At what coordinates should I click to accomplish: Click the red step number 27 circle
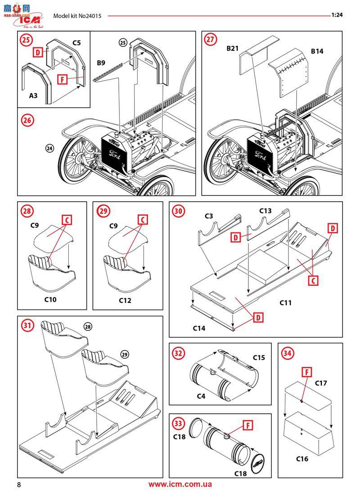(210, 39)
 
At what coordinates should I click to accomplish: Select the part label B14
(317, 51)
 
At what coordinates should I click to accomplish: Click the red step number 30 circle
(179, 211)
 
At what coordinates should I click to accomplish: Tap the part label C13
(265, 210)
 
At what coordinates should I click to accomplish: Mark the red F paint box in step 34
(306, 372)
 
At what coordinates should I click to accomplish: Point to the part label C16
(302, 459)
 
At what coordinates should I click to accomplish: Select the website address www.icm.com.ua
(180, 484)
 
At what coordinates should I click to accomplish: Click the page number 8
(19, 485)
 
